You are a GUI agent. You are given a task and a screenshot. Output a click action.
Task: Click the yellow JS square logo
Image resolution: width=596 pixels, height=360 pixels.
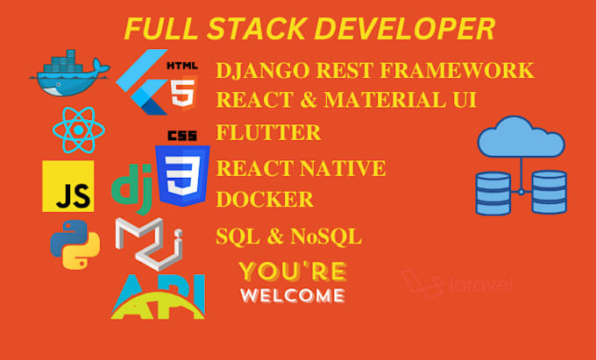pyautogui.click(x=67, y=186)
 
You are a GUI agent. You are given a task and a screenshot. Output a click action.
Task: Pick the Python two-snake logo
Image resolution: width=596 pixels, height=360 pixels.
pyautogui.click(x=74, y=244)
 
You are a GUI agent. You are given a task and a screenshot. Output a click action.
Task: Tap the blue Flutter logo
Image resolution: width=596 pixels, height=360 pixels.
pyautogui.click(x=141, y=83)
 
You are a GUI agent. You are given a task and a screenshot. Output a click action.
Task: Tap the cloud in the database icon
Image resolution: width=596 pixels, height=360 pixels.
pyautogui.click(x=521, y=139)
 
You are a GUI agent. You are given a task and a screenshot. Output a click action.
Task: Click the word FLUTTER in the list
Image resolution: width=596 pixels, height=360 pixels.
pyautogui.click(x=268, y=133)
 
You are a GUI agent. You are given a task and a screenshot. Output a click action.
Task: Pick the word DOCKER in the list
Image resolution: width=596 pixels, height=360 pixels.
pyautogui.click(x=264, y=200)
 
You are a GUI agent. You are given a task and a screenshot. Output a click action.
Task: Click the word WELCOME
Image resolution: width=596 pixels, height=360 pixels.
pyautogui.click(x=292, y=295)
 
